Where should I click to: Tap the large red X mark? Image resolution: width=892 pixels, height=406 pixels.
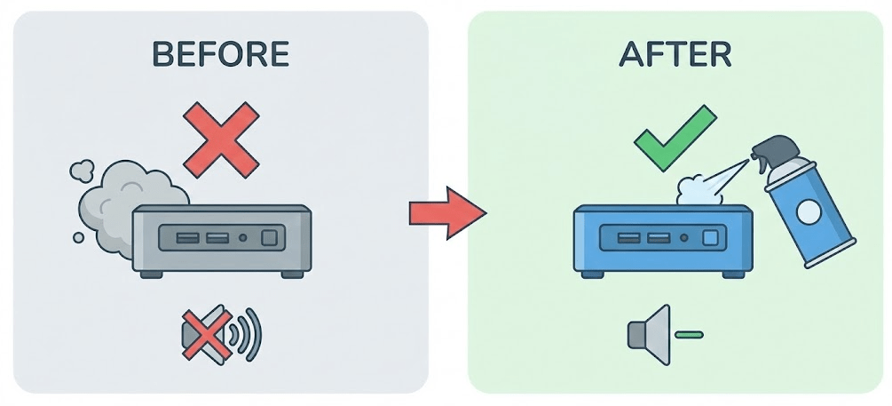coord(222,139)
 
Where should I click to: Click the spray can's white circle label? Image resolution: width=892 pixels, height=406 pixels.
coord(809,211)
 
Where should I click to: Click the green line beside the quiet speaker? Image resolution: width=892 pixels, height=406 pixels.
coord(689,335)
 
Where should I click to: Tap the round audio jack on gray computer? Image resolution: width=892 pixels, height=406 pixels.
coord(243,237)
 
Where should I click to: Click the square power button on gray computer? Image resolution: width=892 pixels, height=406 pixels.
coord(269,237)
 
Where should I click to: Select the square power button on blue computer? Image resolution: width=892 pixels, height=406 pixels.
coord(710,237)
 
